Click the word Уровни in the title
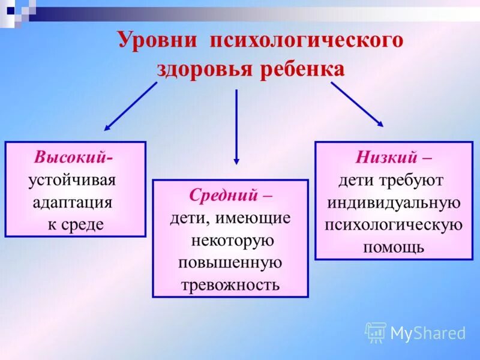coord(157,40)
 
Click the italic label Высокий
coord(71,158)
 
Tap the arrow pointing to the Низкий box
coord(358,104)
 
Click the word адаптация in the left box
coord(73,202)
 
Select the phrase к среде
coord(76,224)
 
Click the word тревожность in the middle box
coord(230,284)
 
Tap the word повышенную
coord(230,262)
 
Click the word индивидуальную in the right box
coord(394,202)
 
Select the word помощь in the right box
coord(394,246)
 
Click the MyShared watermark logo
coord(415,333)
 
